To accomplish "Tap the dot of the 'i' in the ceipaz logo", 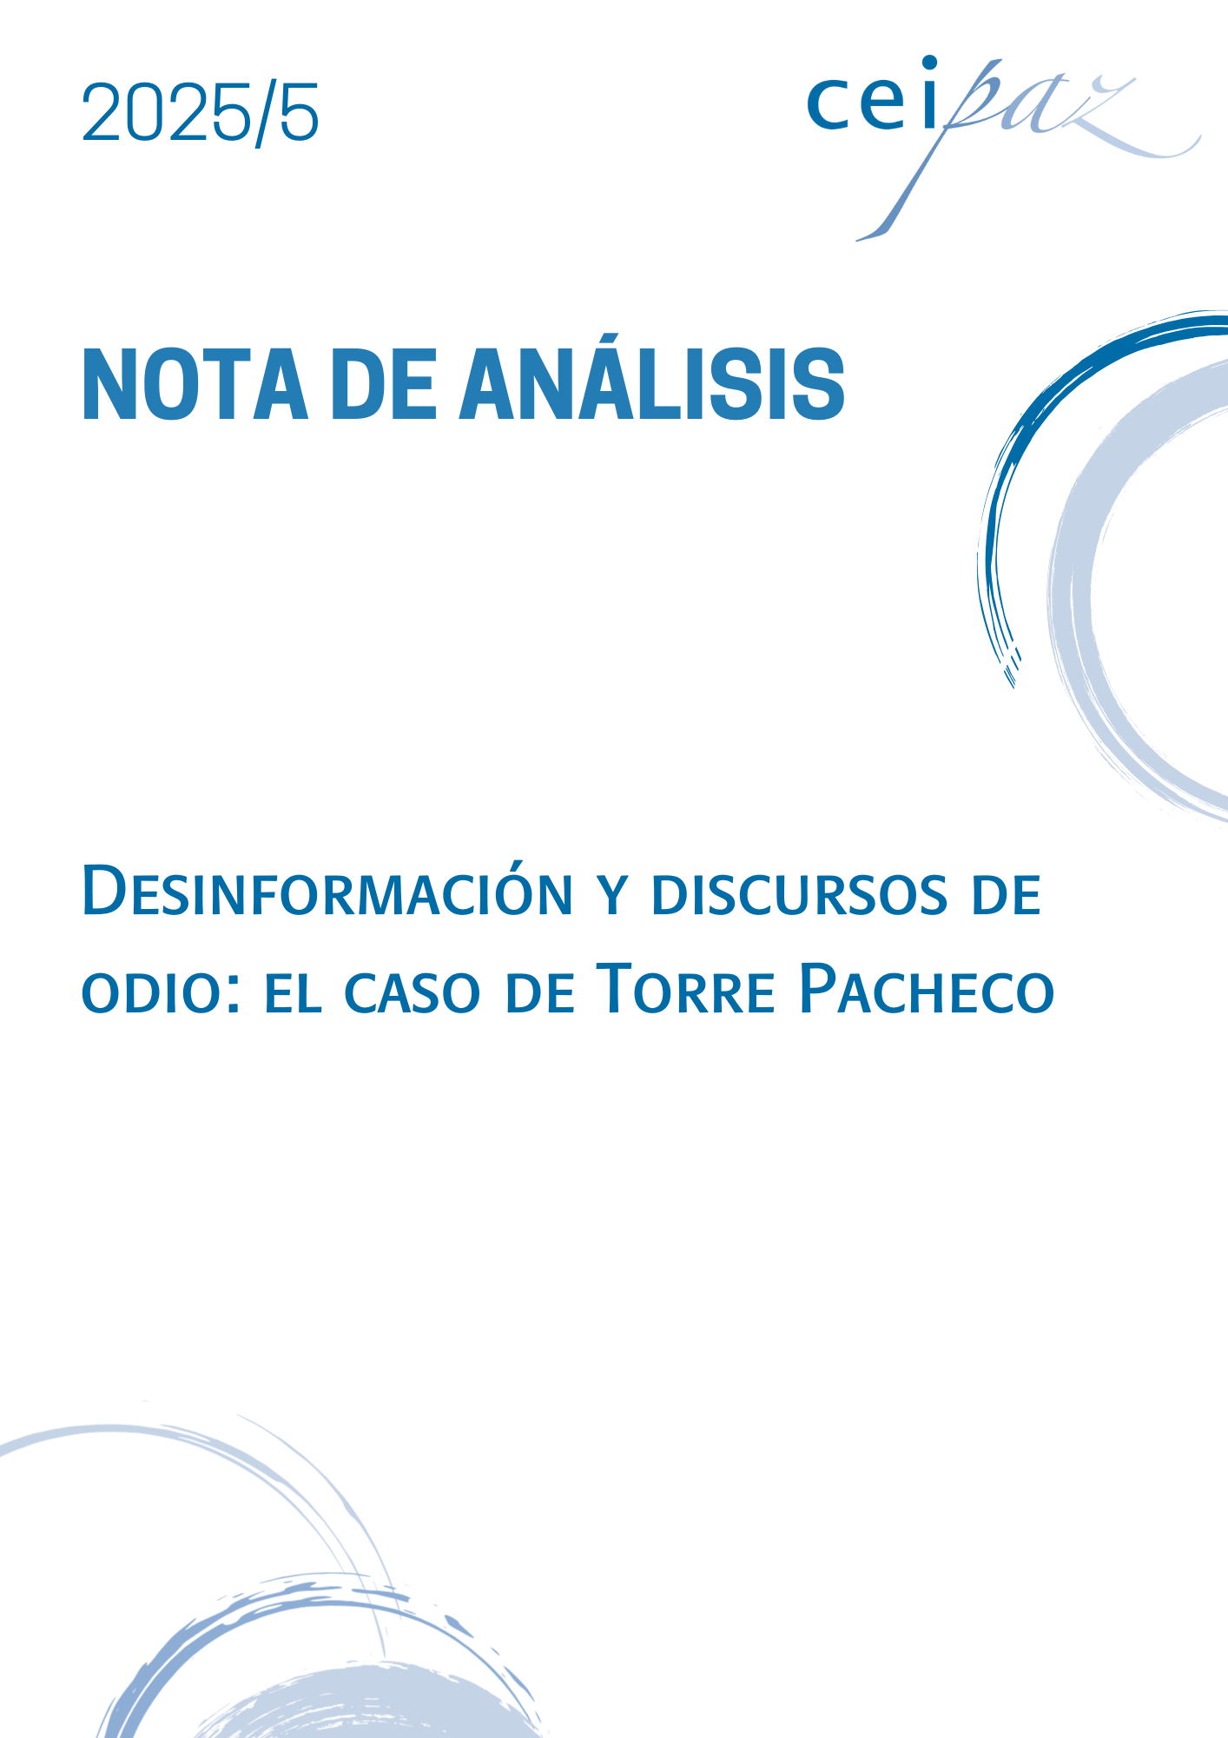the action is (x=929, y=63).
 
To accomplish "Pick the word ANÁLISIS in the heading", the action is (x=652, y=378).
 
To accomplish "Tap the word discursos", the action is (x=799, y=895).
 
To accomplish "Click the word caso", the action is (x=413, y=993).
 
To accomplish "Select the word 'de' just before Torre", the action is (x=541, y=992).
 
